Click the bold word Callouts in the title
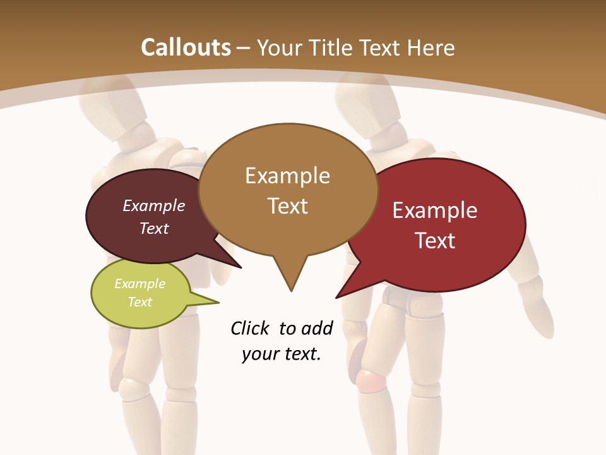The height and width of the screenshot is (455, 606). pos(186,47)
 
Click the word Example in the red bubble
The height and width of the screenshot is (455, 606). pos(435,210)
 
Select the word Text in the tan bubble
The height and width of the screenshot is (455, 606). pos(288,206)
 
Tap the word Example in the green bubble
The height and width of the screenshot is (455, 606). pos(140,284)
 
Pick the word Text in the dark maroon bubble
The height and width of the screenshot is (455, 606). pos(154,228)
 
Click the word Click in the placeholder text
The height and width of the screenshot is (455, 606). pos(252,328)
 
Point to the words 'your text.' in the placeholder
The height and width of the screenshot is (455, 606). pos(282,354)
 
